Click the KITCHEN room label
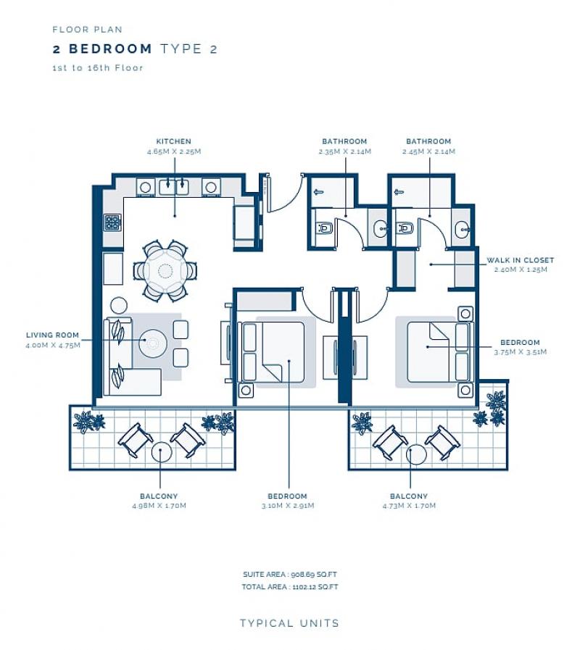coord(173,141)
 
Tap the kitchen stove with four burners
coord(112,223)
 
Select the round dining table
coord(165,271)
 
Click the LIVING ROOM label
coord(52,335)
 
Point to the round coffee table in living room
coord(153,343)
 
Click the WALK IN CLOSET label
coord(521,260)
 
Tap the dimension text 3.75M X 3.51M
coord(521,352)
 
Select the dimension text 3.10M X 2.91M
coord(288,506)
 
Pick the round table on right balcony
coord(416,454)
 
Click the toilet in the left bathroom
coord(324,228)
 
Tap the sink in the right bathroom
coord(462,229)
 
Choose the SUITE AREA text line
coord(289,575)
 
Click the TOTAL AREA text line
coord(289,587)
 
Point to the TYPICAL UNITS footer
coord(289,623)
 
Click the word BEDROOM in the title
coord(110,49)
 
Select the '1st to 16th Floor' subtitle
coord(98,68)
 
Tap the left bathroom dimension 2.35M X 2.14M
coord(345,151)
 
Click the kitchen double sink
coord(174,187)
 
